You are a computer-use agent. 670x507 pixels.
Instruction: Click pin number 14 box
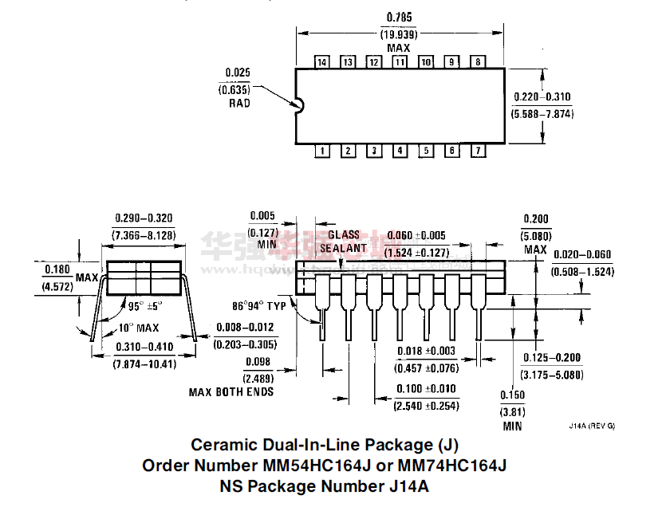322,62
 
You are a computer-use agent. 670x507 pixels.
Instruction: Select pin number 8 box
478,62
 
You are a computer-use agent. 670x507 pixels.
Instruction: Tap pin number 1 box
322,150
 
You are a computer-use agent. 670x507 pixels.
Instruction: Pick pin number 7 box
478,150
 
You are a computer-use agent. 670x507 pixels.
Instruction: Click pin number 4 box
400,150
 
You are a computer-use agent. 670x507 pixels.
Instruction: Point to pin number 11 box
400,62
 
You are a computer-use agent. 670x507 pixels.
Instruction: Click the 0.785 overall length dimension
399,18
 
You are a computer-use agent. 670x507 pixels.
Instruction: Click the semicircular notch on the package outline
300,104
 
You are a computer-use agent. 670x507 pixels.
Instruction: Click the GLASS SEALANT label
344,242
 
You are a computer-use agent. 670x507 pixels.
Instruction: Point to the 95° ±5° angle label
145,305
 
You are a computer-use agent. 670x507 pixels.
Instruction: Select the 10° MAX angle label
139,328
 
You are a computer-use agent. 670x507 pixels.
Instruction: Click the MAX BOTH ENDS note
231,391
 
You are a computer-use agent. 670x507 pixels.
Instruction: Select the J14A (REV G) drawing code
591,426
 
